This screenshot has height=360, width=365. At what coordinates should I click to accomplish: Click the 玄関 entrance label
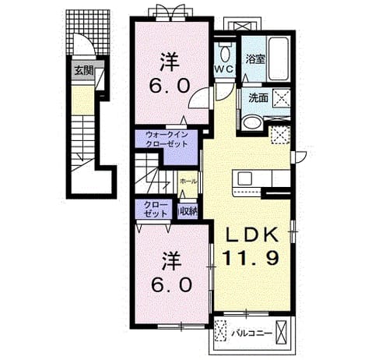click(84, 70)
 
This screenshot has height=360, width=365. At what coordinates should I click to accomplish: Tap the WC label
click(224, 69)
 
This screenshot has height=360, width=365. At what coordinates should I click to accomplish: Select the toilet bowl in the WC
click(225, 52)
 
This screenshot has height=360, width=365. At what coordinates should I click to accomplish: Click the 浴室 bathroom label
click(255, 59)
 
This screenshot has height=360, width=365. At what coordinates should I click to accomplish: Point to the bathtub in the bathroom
click(278, 59)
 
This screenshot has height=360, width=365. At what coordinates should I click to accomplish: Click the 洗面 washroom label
click(258, 97)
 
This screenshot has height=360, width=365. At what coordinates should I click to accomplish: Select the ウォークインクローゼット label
click(167, 139)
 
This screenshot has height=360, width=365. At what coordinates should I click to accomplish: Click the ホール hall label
click(188, 181)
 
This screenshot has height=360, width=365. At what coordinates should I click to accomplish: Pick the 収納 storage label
click(188, 213)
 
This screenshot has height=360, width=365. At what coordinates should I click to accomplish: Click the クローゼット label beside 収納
click(156, 210)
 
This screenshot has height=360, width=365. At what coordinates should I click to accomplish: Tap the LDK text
click(251, 235)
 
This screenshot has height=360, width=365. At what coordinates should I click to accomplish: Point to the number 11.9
click(251, 258)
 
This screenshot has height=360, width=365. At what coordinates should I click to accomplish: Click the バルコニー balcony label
click(252, 334)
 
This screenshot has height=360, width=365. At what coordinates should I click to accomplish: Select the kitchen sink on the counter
click(245, 178)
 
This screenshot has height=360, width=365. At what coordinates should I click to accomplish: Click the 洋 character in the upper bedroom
click(170, 62)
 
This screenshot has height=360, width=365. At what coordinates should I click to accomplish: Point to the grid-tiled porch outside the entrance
click(88, 32)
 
